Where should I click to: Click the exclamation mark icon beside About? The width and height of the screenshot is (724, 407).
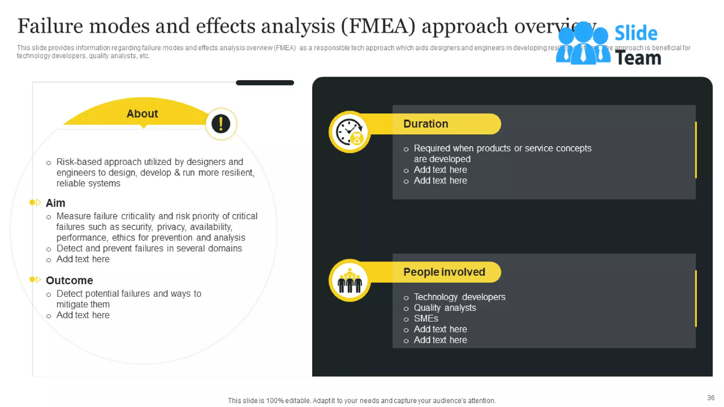221,124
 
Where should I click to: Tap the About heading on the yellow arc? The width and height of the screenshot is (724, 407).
142,114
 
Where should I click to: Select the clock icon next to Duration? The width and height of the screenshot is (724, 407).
349,132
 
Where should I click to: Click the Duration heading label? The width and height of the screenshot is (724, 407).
426,124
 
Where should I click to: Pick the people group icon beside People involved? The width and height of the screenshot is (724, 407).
350,281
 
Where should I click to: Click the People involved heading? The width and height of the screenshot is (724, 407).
444,272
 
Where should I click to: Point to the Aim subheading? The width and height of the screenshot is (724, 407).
56,203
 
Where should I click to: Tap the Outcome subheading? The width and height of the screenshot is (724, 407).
69,281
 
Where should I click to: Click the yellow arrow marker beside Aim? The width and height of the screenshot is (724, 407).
35,202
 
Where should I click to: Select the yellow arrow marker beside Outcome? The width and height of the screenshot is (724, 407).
35,279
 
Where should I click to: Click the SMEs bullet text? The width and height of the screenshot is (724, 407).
426,319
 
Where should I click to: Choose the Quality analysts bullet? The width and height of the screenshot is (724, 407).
445,308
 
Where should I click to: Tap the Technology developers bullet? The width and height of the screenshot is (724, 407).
459,297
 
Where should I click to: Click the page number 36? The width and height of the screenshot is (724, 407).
711,398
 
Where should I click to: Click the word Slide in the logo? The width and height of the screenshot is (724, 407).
636,34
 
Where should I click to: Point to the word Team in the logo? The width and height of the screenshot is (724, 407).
638,58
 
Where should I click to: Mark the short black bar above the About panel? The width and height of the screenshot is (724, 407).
265,83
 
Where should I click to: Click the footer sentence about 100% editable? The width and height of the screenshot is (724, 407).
362,401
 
